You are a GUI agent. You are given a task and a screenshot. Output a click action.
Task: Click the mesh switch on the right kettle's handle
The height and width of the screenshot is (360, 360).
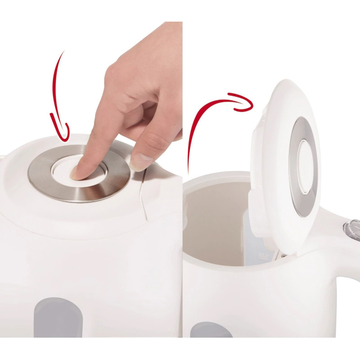(353, 229)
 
